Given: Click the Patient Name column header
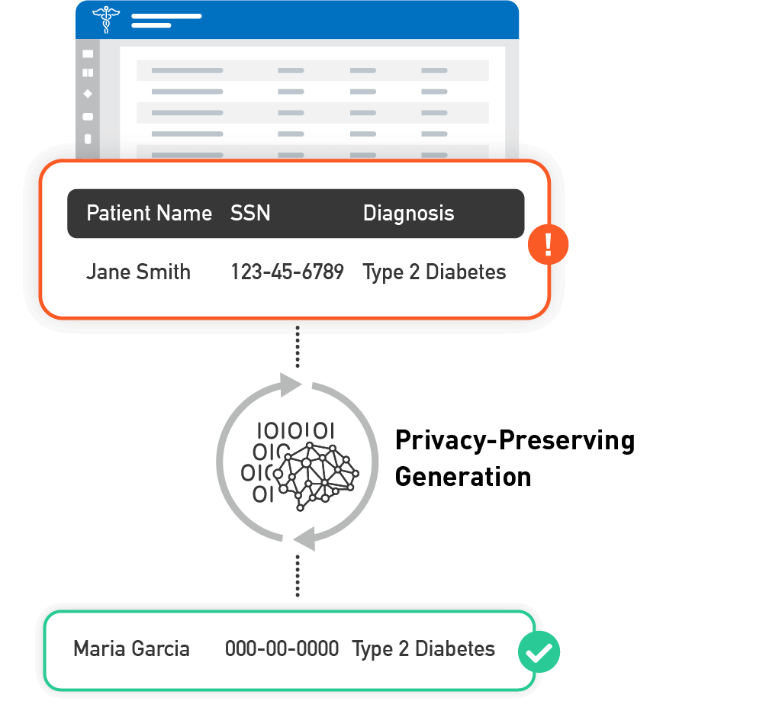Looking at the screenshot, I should tap(149, 214).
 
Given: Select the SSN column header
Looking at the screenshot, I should tap(250, 214).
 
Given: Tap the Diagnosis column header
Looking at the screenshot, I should tap(408, 214).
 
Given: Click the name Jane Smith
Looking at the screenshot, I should tap(138, 272).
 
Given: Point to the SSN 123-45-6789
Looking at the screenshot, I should tap(287, 272).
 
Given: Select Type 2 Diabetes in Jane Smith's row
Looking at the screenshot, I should tap(434, 272).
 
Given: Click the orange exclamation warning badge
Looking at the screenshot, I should tap(548, 245).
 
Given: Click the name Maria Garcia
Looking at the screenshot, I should tap(131, 649).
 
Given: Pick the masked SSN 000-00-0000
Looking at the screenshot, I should tap(282, 649).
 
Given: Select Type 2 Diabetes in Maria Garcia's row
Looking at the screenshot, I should tap(423, 649).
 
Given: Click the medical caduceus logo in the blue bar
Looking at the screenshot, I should tap(105, 19).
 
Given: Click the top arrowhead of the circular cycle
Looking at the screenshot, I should tap(291, 384).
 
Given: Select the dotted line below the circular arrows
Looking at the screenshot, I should tap(298, 576).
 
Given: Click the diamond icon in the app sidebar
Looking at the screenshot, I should tap(88, 94).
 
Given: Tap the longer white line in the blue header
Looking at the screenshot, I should tap(166, 15).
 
